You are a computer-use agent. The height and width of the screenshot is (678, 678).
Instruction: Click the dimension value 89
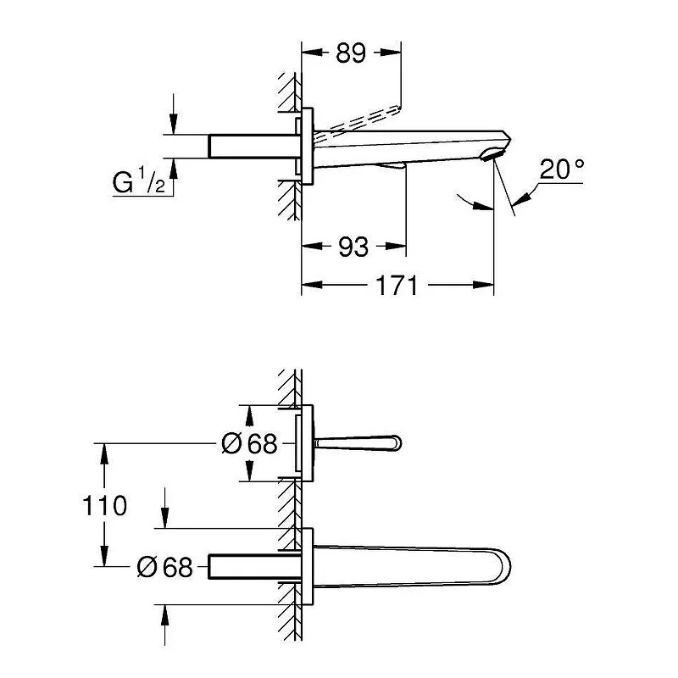(350, 53)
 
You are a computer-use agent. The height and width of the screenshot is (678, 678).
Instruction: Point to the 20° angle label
(562, 169)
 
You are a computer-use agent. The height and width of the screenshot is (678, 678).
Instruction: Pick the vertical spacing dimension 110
(106, 506)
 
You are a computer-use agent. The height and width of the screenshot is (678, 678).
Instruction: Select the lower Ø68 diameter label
(165, 567)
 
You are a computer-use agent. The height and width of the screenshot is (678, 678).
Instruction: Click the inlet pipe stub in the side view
(251, 145)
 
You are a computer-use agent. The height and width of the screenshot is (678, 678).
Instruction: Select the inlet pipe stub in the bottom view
(251, 566)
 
